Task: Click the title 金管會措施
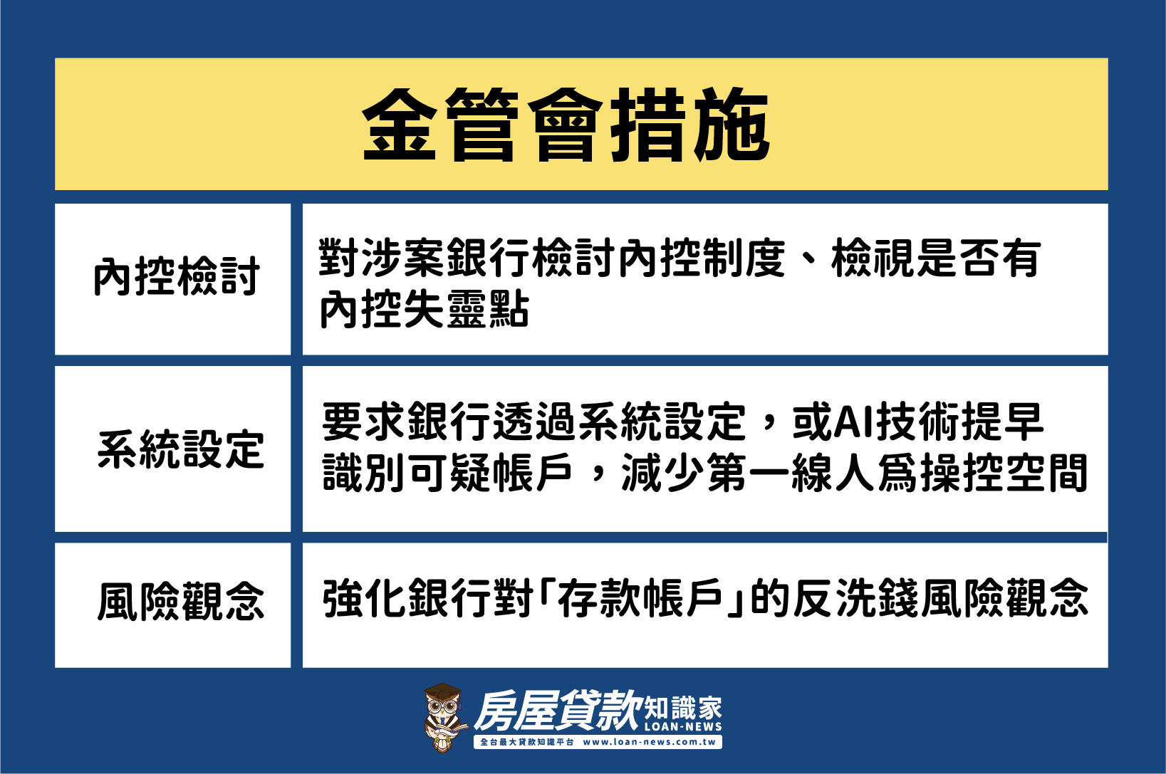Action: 566,125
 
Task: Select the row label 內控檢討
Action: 177,276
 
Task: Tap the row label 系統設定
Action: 181,450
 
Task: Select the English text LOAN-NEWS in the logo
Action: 683,726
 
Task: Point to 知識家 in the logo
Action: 683,707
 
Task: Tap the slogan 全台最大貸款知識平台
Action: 526,742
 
